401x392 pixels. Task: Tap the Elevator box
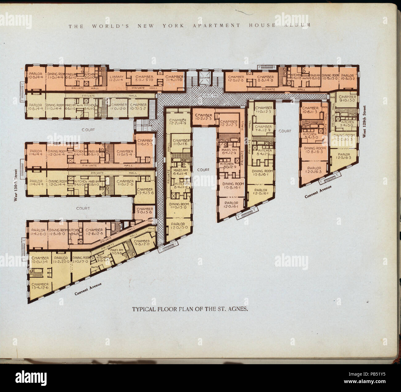[204, 78]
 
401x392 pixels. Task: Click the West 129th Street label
[364, 122]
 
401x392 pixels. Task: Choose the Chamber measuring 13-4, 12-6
[39, 286]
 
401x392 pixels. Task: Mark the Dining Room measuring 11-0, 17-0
[81, 259]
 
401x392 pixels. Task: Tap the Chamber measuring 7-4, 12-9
[263, 129]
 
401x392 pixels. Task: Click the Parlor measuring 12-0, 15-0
[178, 226]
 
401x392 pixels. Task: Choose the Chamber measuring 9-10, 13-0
[348, 99]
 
